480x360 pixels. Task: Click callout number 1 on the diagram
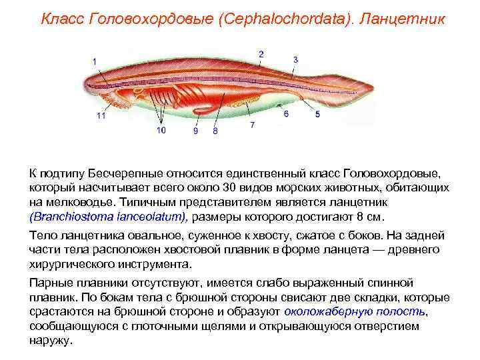(95, 62)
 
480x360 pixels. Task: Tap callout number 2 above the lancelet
(261, 54)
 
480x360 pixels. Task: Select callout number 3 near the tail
(295, 59)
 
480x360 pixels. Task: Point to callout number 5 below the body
(317, 114)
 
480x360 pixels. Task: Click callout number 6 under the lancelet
(286, 114)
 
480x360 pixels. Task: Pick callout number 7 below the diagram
(252, 125)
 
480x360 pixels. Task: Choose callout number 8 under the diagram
(215, 131)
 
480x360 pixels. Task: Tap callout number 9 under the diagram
(195, 131)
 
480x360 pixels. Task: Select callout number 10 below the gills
(161, 131)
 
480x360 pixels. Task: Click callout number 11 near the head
(101, 115)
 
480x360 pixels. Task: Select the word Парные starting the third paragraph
(51, 283)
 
